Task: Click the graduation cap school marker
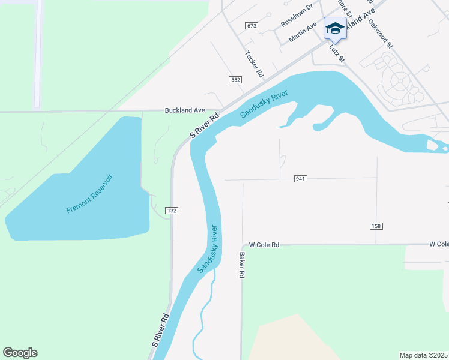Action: [335, 28]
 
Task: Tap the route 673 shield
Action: [252, 26]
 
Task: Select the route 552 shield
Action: [235, 80]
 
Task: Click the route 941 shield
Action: [301, 179]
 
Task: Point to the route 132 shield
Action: [173, 211]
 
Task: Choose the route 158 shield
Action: [376, 226]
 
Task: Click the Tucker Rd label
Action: [255, 63]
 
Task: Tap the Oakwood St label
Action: [381, 34]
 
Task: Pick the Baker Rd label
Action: [242, 265]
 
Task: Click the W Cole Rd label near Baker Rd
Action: [265, 245]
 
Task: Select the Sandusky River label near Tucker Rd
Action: [264, 104]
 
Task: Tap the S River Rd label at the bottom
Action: [160, 331]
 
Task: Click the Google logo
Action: [20, 353]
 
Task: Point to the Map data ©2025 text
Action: [423, 355]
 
